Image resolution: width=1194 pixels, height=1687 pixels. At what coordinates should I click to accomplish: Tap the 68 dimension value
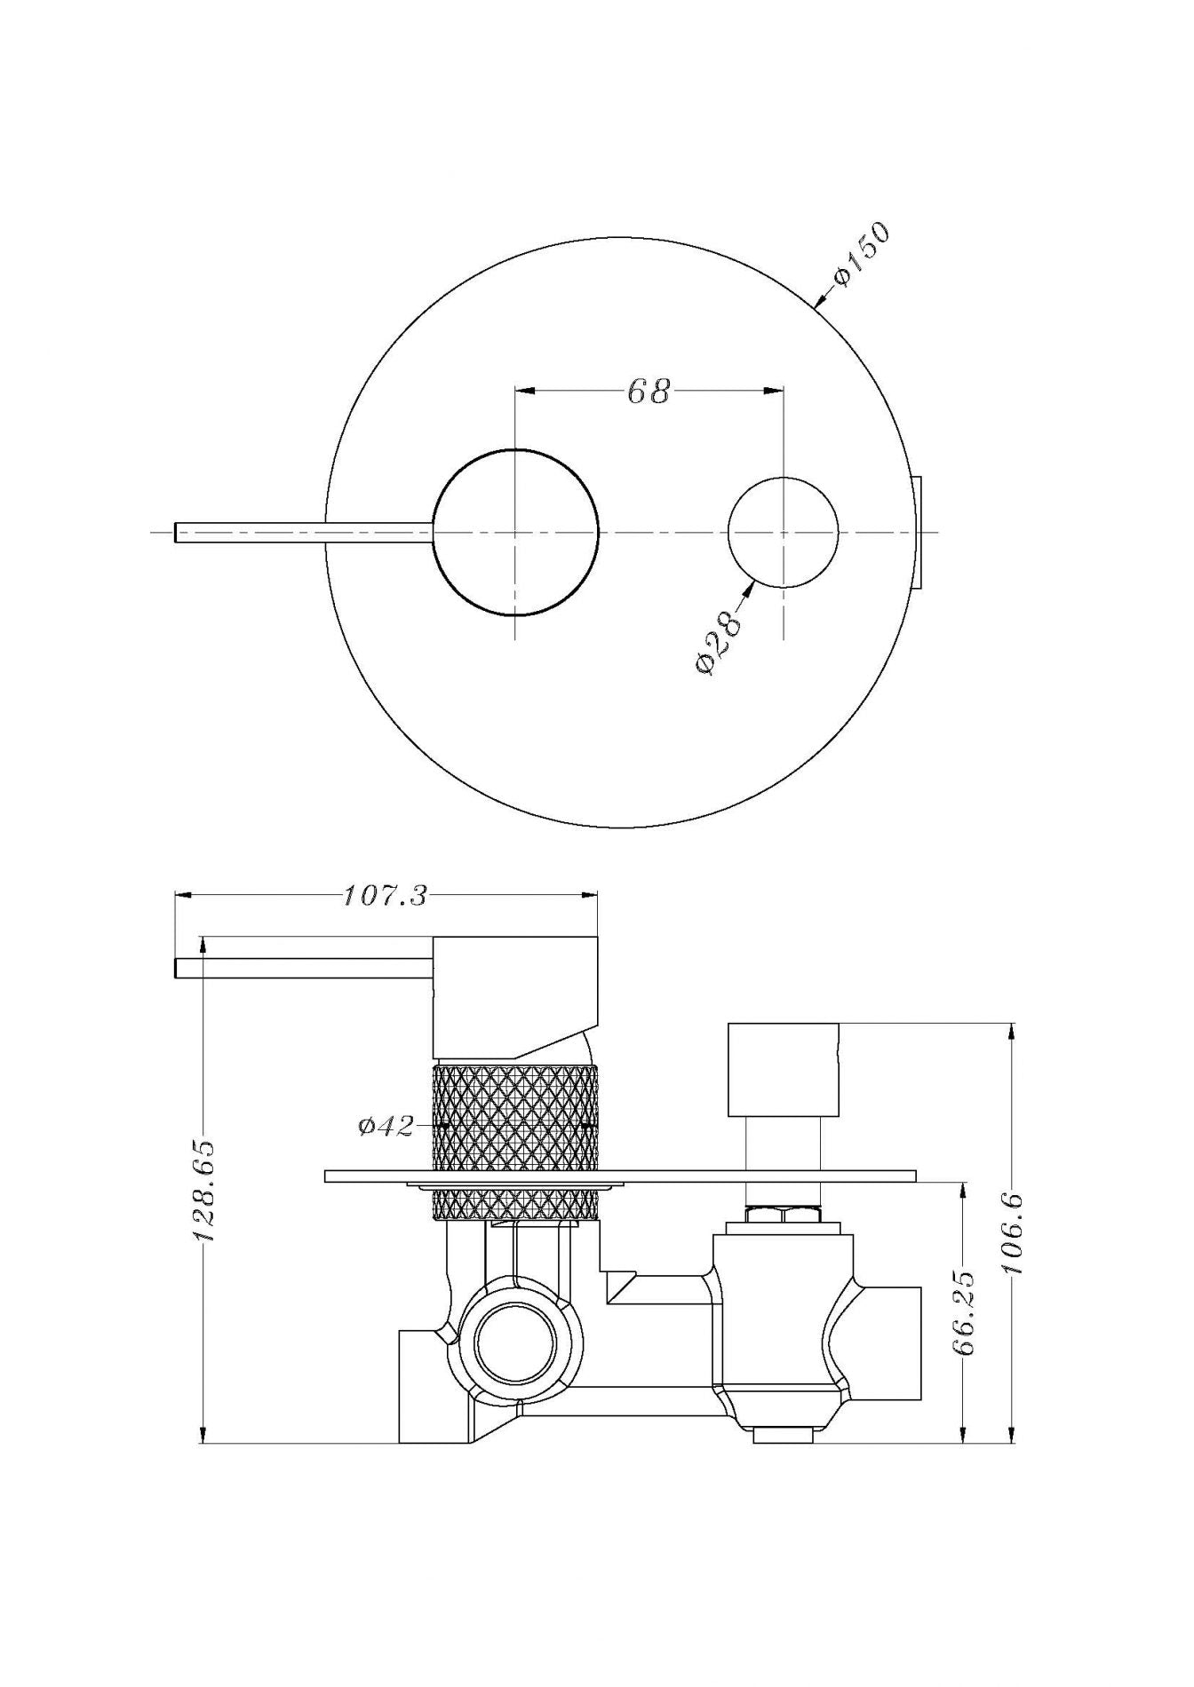pos(649,392)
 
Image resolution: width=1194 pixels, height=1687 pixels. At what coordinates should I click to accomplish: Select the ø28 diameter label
pos(719,642)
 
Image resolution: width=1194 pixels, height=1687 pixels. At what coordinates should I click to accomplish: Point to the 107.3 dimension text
pos(385,896)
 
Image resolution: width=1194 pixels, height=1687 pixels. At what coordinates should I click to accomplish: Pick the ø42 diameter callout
pos(386,1127)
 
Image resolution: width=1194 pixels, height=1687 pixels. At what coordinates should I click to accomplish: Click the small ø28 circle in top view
pos(783,532)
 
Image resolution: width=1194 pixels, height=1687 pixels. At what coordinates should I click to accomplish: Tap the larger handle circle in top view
pos(515,532)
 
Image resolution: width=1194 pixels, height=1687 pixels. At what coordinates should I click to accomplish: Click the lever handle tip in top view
pos(180,531)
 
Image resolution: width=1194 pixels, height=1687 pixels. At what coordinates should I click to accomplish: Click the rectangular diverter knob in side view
pos(783,1069)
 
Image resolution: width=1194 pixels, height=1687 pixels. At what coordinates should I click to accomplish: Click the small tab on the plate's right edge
pos(919,532)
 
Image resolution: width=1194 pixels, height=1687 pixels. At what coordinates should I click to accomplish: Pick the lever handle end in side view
pos(180,968)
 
